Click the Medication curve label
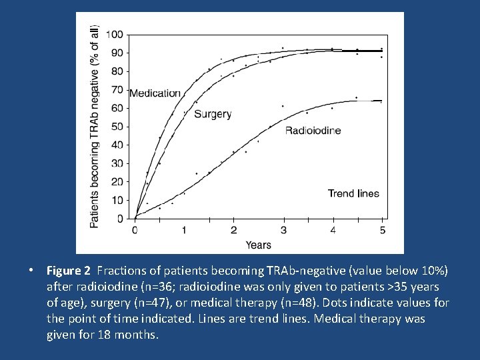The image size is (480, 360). click(x=155, y=93)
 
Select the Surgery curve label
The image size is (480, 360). click(x=213, y=114)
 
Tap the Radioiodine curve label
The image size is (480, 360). click(x=313, y=131)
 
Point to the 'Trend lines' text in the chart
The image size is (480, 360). click(x=353, y=194)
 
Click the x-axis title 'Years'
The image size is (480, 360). click(x=258, y=245)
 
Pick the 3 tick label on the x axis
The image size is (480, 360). click(x=283, y=231)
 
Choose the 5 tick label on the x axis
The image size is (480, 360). click(x=382, y=231)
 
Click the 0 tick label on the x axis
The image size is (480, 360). click(x=135, y=231)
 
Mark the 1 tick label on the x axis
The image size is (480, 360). click(x=184, y=231)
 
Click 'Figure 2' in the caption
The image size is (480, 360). click(x=68, y=271)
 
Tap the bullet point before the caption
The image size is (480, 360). click(x=31, y=271)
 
